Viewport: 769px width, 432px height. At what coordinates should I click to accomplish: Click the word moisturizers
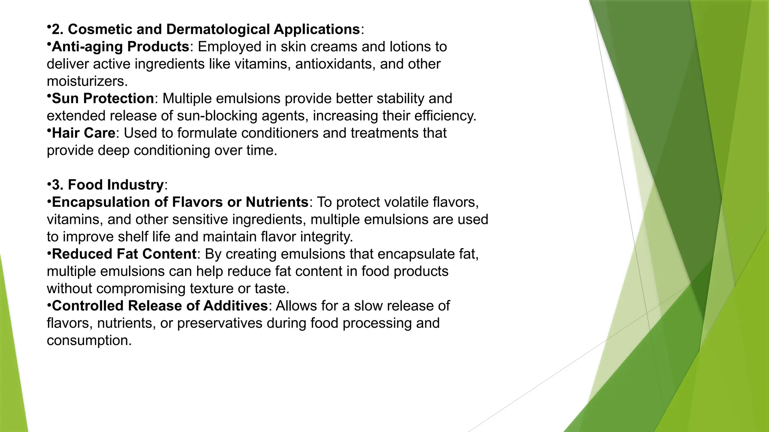(x=87, y=81)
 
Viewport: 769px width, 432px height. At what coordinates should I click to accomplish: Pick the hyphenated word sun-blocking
(x=217, y=115)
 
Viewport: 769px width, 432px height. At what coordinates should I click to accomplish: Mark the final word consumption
(x=89, y=340)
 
